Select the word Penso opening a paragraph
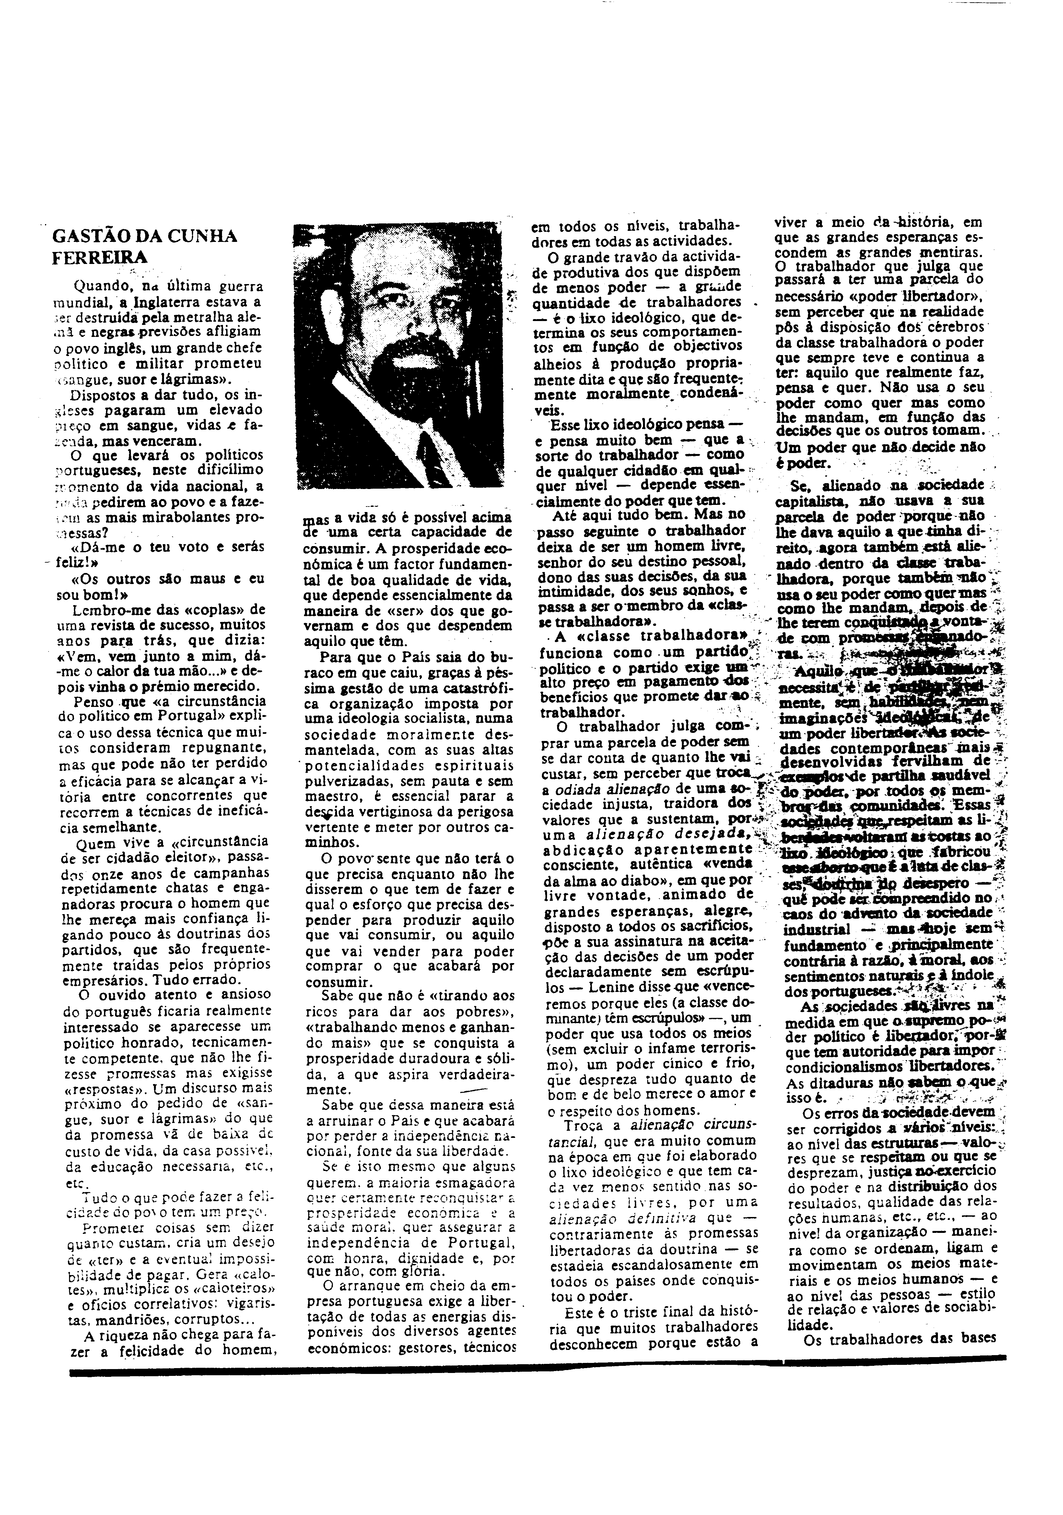[94, 700]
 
